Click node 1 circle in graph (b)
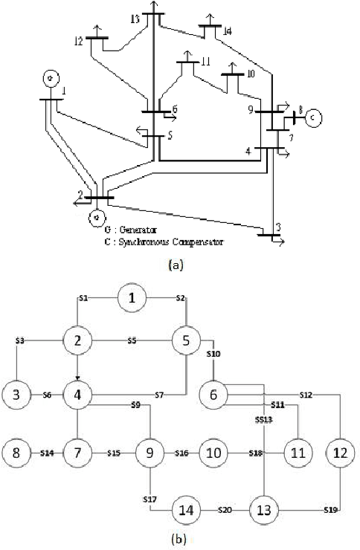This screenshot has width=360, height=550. [x=132, y=299]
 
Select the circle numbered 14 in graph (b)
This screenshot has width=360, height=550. [x=185, y=511]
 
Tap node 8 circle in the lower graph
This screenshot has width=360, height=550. [x=17, y=452]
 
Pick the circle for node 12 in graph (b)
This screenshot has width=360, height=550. [x=340, y=452]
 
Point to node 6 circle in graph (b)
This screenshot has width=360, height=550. [x=213, y=394]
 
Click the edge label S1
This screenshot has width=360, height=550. [x=83, y=299]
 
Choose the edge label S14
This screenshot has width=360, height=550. [x=48, y=452]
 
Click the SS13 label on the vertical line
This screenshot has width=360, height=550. [x=263, y=420]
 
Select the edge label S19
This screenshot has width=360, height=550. [x=330, y=511]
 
